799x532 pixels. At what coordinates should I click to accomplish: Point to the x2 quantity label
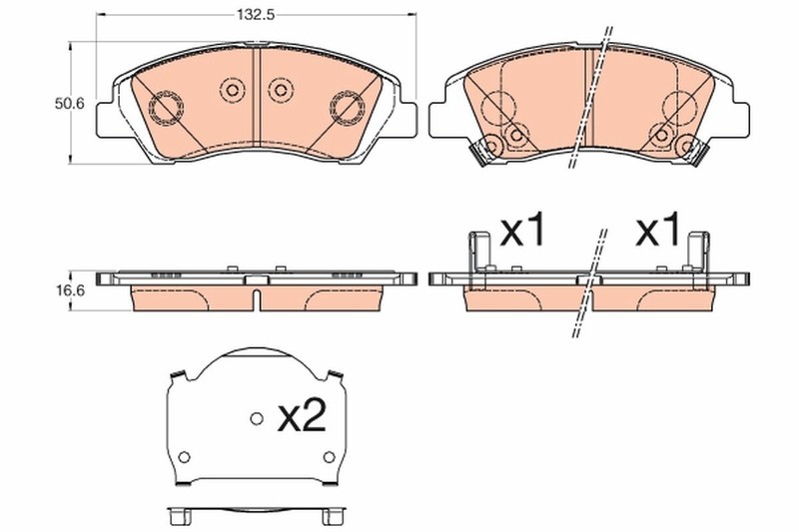click(x=301, y=417)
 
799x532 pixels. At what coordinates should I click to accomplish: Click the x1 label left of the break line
click(x=523, y=233)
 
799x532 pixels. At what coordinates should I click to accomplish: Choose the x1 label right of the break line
click(x=658, y=233)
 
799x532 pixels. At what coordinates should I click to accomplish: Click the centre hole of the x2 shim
click(x=256, y=418)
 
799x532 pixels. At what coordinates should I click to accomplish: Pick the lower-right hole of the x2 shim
click(x=329, y=457)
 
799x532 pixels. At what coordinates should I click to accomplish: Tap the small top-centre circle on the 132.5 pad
click(x=232, y=91)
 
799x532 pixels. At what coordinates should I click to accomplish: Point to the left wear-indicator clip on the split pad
click(x=488, y=149)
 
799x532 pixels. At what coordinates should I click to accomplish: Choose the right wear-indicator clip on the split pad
click(x=686, y=149)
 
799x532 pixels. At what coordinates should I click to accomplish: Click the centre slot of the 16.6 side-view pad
click(x=257, y=297)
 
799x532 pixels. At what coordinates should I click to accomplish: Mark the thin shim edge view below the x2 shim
click(x=256, y=517)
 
